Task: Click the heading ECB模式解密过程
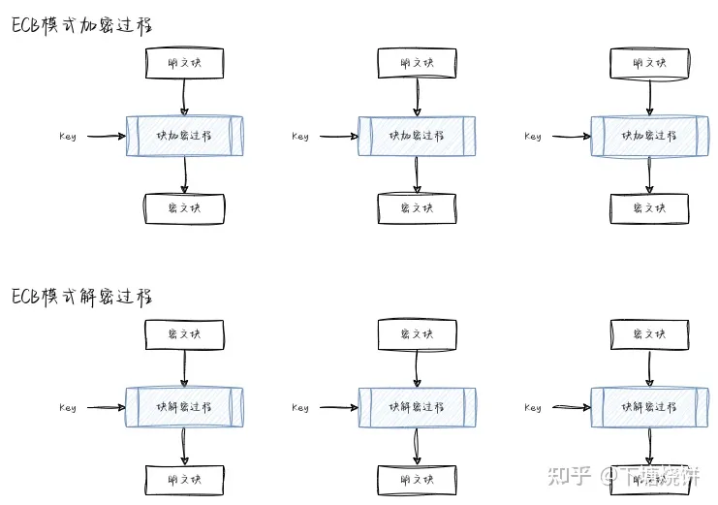(x=82, y=297)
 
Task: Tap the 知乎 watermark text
(x=569, y=475)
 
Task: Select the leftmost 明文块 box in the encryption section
(x=184, y=64)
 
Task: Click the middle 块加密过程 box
(x=417, y=136)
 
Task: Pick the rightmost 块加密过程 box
(x=649, y=136)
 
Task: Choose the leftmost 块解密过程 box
(x=184, y=407)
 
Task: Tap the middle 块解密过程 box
(x=417, y=407)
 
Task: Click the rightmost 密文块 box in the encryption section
(x=649, y=208)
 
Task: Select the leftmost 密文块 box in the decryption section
(x=184, y=334)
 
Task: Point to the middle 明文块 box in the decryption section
(x=417, y=480)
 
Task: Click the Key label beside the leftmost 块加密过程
(x=67, y=137)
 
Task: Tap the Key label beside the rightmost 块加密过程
(x=533, y=137)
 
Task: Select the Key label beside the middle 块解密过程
(x=300, y=408)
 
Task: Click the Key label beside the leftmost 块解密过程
(x=67, y=408)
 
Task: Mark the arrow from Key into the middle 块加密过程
(x=339, y=136)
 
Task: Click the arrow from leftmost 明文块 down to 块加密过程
(x=184, y=97)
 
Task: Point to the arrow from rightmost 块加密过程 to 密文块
(x=649, y=174)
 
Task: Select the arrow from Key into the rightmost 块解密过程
(x=572, y=407)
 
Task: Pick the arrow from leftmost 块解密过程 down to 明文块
(x=184, y=446)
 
